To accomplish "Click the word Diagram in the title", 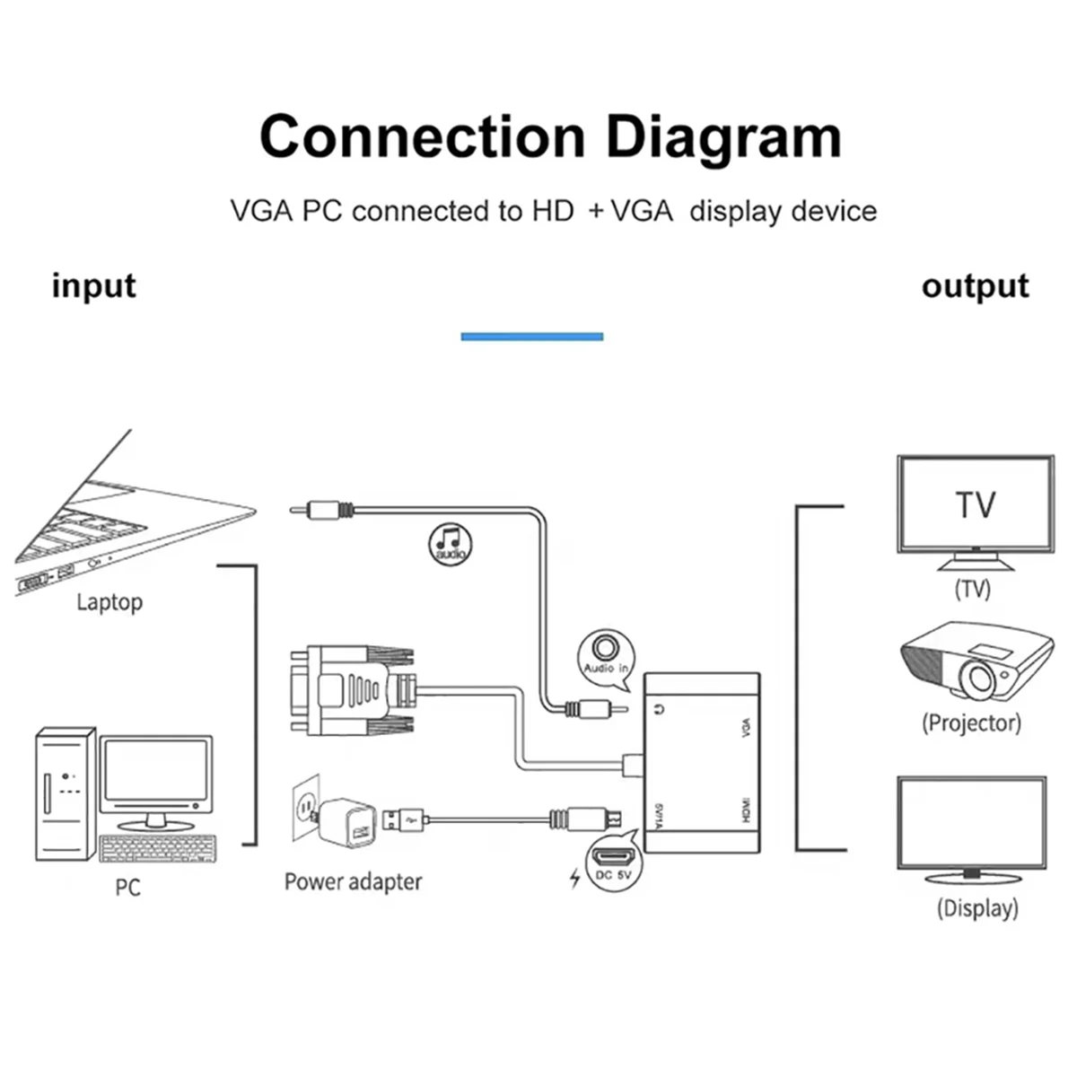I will tap(723, 138).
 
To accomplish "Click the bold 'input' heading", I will tap(93, 286).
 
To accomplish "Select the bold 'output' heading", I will tap(975, 286).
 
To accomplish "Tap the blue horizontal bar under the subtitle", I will tap(531, 337).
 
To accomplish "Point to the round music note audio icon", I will tap(450, 543).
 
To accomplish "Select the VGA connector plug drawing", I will tap(350, 689).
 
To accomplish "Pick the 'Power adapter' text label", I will tap(353, 882).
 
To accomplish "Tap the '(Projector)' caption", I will tap(971, 723).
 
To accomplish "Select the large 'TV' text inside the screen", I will tap(975, 504).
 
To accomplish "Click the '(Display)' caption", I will tap(976, 908).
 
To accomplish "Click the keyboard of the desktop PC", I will tap(158, 849).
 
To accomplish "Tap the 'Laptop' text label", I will tap(109, 602).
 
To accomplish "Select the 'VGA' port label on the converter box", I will tap(744, 728).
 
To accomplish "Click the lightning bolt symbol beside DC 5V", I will tap(575, 878).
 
